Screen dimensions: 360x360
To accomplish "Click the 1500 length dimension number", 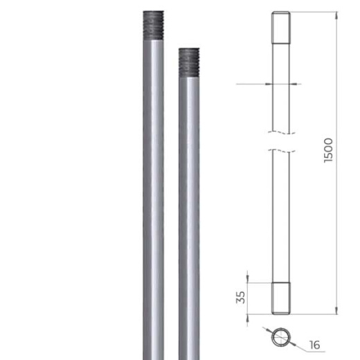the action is pyautogui.click(x=328, y=150).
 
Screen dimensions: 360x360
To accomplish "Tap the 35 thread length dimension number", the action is pyautogui.click(x=240, y=297).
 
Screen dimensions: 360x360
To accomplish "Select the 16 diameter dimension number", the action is pyautogui.click(x=315, y=345).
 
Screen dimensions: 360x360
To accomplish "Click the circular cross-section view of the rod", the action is pyautogui.click(x=281, y=337).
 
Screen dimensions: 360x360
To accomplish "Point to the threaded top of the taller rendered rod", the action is pyautogui.click(x=154, y=26).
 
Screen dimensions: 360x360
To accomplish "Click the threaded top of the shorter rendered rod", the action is pyautogui.click(x=189, y=63).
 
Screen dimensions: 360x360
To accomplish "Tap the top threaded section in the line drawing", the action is pyautogui.click(x=281, y=28).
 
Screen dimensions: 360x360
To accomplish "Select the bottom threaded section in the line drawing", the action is pyautogui.click(x=281, y=298).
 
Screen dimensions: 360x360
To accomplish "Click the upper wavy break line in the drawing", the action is pyautogui.click(x=282, y=133).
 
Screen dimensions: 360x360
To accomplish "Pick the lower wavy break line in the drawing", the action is pyautogui.click(x=282, y=151).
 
